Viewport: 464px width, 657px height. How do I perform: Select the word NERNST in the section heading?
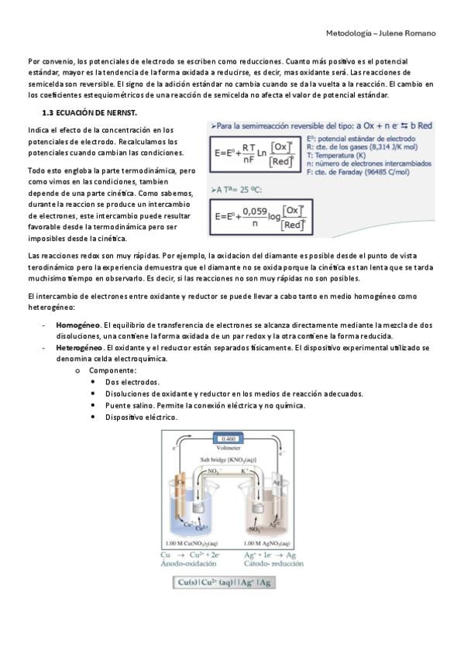click(x=123, y=112)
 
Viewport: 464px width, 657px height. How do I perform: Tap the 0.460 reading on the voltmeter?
click(x=229, y=439)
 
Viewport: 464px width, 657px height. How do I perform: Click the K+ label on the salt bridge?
click(x=245, y=470)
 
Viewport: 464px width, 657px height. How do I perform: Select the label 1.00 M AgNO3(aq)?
click(x=266, y=543)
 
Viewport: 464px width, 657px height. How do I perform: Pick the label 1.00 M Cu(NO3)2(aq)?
click(x=192, y=543)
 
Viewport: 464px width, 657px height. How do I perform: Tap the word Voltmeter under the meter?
click(x=229, y=448)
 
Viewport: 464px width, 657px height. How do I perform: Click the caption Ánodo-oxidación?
click(x=188, y=563)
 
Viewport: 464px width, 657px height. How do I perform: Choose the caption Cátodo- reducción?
click(x=273, y=563)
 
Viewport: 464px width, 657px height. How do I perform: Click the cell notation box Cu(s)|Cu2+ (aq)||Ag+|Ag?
click(x=225, y=583)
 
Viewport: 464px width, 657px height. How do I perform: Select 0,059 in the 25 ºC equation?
click(x=255, y=212)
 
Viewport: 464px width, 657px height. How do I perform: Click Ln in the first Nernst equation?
click(x=262, y=153)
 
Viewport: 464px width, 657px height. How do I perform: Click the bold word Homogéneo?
click(x=78, y=325)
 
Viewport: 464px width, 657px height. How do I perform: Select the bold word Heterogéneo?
click(x=80, y=348)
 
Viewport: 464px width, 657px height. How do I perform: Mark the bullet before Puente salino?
click(x=93, y=406)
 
